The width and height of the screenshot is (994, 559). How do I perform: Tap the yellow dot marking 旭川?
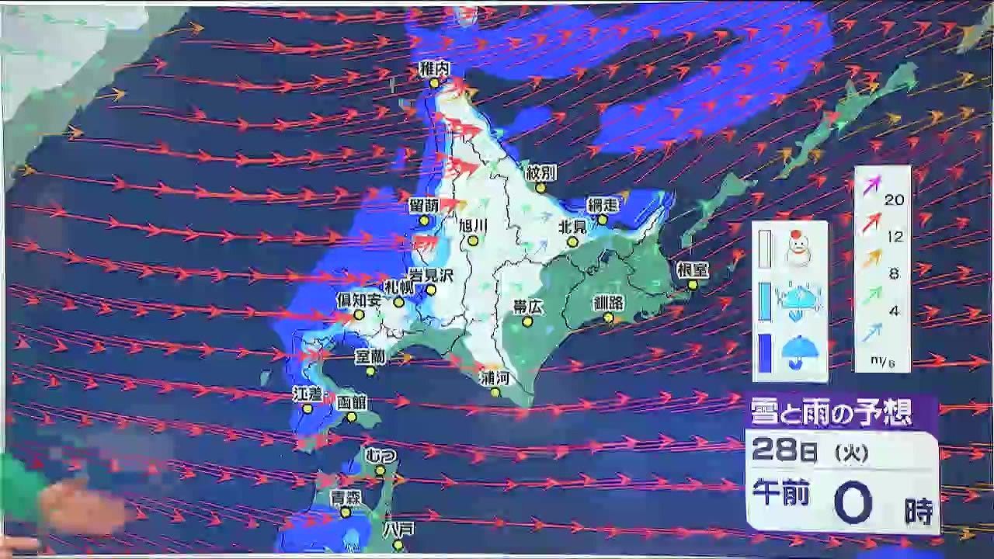pos(472,241)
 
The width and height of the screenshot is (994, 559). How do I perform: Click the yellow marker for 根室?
pos(693,285)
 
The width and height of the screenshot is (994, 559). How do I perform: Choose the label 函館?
pos(352,402)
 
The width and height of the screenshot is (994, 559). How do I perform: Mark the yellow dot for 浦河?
pos(495,392)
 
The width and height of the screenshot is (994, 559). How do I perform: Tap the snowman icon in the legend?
pos(798,247)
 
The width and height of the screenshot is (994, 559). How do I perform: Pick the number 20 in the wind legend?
pos(895,200)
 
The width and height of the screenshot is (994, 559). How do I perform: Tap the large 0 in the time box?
pos(853,504)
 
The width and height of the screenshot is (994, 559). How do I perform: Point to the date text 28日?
pos(784,451)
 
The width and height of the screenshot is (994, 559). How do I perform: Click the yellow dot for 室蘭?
pos(371,371)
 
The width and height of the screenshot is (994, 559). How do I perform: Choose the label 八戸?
pos(399,528)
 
